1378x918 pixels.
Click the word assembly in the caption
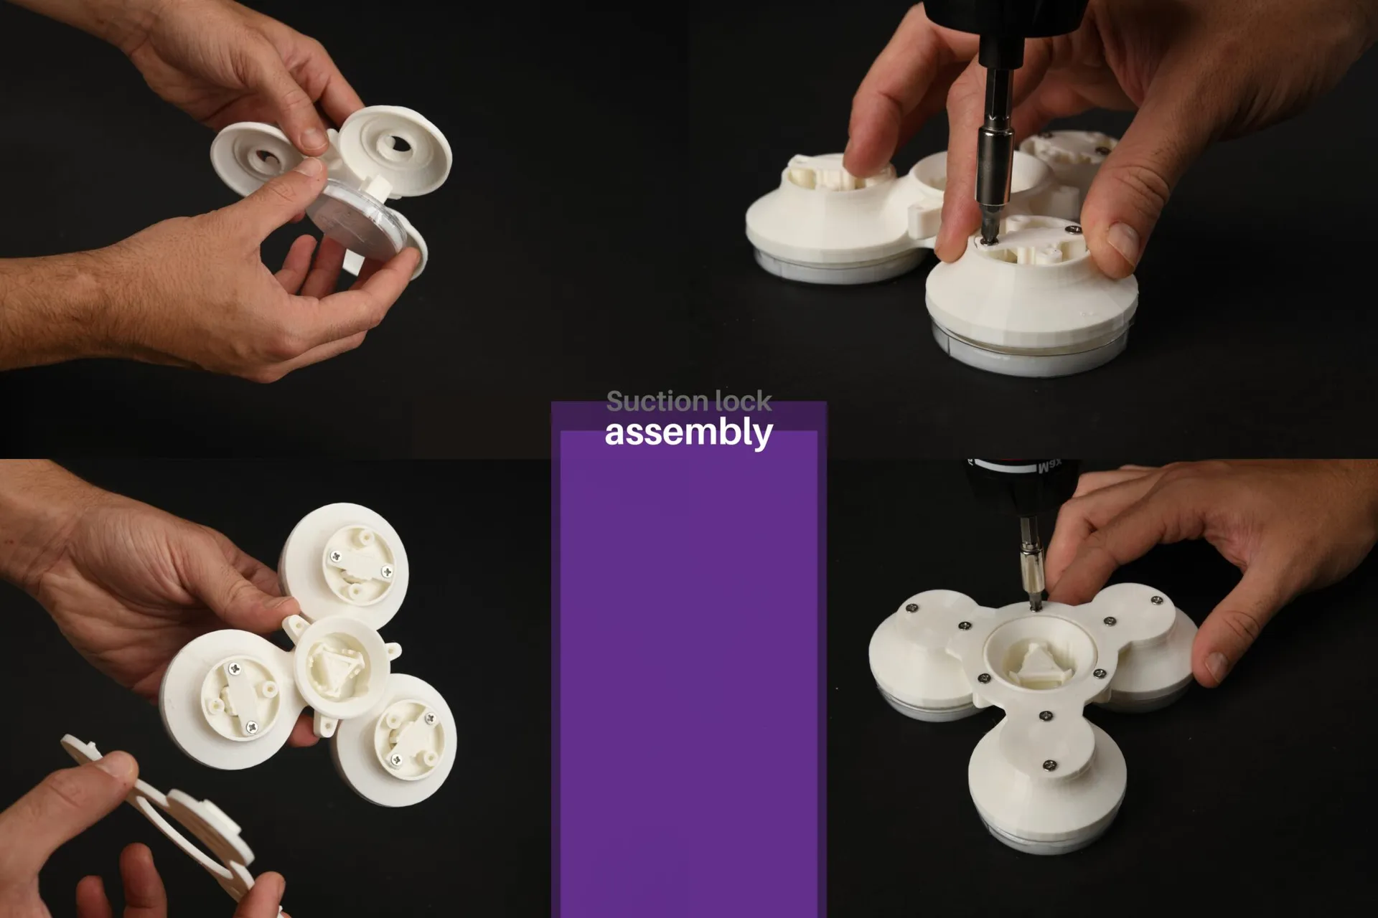coord(688,432)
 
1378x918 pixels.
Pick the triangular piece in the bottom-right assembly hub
coord(1038,663)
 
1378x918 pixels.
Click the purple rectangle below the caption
coord(689,671)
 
